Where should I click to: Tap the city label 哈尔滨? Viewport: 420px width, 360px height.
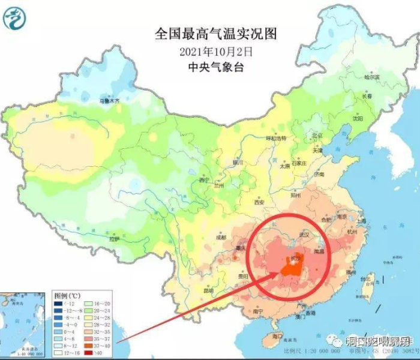pos(372,77)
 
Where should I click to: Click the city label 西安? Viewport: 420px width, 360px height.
pos(259,202)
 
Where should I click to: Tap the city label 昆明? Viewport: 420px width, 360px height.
pos(208,291)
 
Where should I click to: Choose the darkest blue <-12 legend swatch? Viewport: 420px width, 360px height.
pos(59,304)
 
